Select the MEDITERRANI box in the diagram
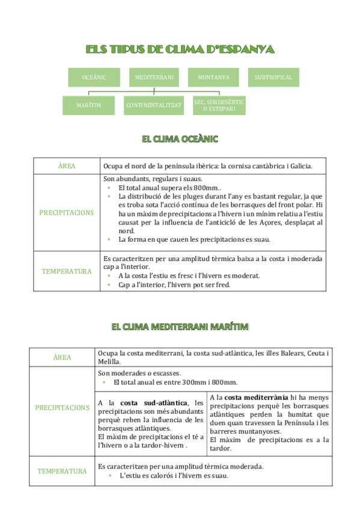tap(154, 78)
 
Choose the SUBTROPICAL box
tap(273, 78)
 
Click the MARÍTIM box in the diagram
tap(88, 105)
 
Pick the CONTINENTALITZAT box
tap(154, 105)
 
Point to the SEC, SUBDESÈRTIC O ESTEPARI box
tap(219, 105)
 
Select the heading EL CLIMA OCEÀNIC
tap(180, 139)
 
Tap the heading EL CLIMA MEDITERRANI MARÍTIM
tap(180, 327)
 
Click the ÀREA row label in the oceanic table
tap(67, 166)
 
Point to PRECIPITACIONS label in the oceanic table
tap(67, 213)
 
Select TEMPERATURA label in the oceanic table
tap(67, 271)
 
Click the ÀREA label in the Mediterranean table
tap(63, 357)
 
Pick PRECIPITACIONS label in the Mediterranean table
tap(63, 408)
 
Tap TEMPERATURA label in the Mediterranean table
tap(63, 471)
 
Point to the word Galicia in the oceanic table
tap(299, 166)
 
